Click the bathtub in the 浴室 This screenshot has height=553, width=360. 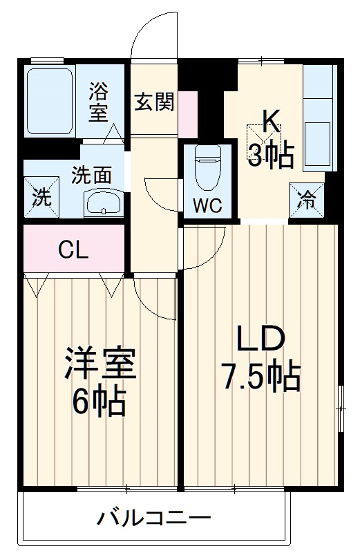point(50,101)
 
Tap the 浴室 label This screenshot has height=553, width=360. point(99,102)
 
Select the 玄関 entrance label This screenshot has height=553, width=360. point(155,102)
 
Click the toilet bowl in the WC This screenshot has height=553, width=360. point(208,167)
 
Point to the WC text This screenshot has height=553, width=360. point(208,205)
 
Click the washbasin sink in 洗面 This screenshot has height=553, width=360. point(104,203)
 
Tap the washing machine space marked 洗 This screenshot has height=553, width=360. point(41,196)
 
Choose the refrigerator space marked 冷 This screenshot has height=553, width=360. point(306,200)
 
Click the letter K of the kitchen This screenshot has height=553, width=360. point(271,122)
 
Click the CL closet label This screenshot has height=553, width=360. point(73,250)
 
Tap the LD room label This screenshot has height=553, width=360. point(260,338)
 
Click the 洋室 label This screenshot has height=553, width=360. point(100,364)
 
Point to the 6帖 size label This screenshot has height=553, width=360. point(99,402)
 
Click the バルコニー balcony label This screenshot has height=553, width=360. point(154,518)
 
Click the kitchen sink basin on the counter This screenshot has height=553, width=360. point(317,144)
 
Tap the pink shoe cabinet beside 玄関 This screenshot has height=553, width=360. point(187,114)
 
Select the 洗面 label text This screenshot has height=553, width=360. point(92,175)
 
